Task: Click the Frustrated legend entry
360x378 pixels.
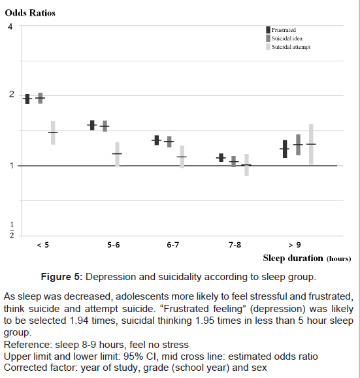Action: pos(281,30)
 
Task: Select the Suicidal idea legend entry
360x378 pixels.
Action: pos(284,39)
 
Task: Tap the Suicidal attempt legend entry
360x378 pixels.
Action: pos(288,47)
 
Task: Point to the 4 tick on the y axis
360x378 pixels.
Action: pos(10,26)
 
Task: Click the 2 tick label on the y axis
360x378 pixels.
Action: pos(11,94)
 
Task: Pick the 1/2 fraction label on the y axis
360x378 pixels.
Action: pos(12,230)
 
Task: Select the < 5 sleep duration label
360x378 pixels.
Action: pos(42,245)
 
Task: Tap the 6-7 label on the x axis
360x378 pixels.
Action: pos(172,245)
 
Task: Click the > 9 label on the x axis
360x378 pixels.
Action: pos(295,245)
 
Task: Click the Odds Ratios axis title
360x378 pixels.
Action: pos(30,13)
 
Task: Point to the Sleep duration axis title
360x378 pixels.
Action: pos(307,258)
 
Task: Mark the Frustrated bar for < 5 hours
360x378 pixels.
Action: pos(27,99)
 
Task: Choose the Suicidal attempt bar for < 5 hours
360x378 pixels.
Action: pos(53,133)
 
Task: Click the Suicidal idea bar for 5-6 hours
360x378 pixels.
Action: pos(105,126)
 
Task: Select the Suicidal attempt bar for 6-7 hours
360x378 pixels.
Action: pos(182,157)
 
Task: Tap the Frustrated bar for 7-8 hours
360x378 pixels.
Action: pos(221,157)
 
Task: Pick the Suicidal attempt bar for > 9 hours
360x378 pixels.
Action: pos(311,144)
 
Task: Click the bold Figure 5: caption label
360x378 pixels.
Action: pos(62,277)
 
